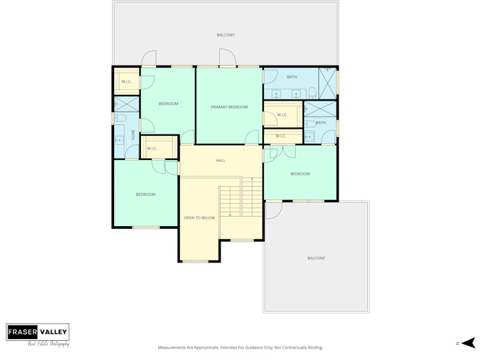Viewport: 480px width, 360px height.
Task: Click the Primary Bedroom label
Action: [x=229, y=107]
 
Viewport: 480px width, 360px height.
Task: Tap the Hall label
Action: [x=221, y=161]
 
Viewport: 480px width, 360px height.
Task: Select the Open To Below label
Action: [x=200, y=218]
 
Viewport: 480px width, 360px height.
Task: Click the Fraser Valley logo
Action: [x=38, y=335]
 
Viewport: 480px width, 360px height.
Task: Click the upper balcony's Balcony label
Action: [x=226, y=35]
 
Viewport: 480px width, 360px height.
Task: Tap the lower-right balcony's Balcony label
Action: [x=316, y=258]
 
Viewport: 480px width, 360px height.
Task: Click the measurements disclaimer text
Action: [x=240, y=347]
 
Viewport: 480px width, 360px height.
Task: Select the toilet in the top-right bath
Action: [x=312, y=92]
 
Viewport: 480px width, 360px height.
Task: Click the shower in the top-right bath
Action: [x=328, y=83]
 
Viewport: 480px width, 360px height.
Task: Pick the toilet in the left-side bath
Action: [x=120, y=118]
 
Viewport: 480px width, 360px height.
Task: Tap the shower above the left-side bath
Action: [x=126, y=104]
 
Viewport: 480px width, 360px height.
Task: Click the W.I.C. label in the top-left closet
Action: [x=126, y=82]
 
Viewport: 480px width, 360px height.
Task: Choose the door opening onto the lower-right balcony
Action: [x=273, y=210]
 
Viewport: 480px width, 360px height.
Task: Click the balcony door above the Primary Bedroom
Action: [x=228, y=57]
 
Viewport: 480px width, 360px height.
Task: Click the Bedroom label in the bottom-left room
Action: [x=146, y=194]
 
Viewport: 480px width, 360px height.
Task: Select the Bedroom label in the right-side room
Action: [x=300, y=174]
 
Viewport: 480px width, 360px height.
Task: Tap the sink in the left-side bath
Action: [x=119, y=140]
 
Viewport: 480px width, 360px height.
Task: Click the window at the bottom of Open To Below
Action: [x=195, y=261]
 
